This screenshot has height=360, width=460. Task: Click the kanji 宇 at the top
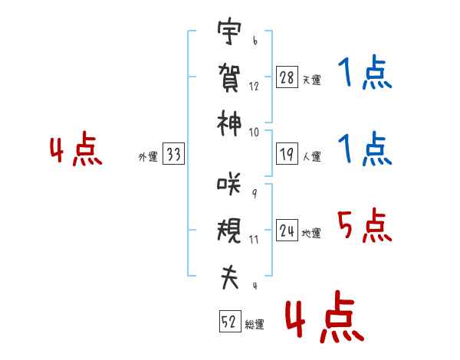pyautogui.click(x=229, y=31)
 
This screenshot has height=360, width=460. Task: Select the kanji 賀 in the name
pyautogui.click(x=229, y=77)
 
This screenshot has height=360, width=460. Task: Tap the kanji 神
pyautogui.click(x=229, y=123)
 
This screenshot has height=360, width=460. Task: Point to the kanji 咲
pyautogui.click(x=229, y=183)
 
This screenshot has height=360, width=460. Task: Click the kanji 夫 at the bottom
pyautogui.click(x=229, y=277)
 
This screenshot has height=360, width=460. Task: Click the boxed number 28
pyautogui.click(x=287, y=77)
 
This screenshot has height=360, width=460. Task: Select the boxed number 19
pyautogui.click(x=287, y=154)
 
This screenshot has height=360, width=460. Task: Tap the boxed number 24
pyautogui.click(x=287, y=231)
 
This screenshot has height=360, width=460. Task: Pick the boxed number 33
pyautogui.click(x=174, y=154)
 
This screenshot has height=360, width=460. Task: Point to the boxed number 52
pyautogui.click(x=230, y=321)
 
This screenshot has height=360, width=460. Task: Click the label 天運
pyautogui.click(x=312, y=80)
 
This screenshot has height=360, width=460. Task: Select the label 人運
pyautogui.click(x=312, y=156)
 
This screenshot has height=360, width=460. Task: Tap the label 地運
pyautogui.click(x=311, y=234)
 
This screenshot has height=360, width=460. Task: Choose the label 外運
pyautogui.click(x=148, y=157)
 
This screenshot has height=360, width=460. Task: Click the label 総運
pyautogui.click(x=255, y=325)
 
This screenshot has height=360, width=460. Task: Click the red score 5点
pyautogui.click(x=365, y=225)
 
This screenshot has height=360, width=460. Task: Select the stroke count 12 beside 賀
pyautogui.click(x=254, y=87)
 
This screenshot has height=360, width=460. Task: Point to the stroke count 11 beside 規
pyautogui.click(x=254, y=240)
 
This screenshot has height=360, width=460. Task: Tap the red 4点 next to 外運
pyautogui.click(x=76, y=149)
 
